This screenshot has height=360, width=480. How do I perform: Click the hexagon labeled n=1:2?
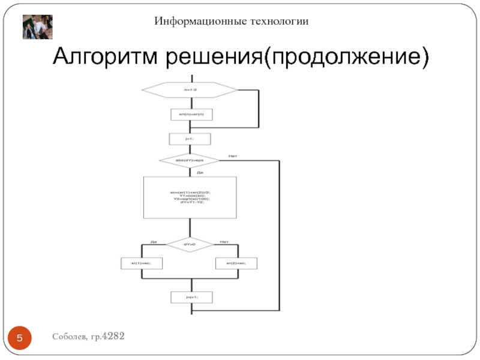coord(190,90)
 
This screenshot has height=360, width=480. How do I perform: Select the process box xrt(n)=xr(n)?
coord(191,113)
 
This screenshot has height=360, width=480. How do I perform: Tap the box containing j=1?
coord(191,139)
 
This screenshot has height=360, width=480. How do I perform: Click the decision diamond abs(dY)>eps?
coord(190,161)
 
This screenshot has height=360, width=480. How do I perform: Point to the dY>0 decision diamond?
coord(190,244)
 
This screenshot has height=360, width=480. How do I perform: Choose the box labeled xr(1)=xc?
coord(142,263)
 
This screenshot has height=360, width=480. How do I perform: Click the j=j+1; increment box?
coord(191,297)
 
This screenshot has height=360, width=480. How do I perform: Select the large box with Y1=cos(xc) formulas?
coord(190,197)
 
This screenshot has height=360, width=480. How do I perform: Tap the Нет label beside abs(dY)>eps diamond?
coord(233,157)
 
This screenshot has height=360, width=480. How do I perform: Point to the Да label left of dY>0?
coord(154,242)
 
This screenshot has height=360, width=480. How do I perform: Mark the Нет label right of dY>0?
coord(224,242)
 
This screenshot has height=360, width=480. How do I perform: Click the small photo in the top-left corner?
coord(38,27)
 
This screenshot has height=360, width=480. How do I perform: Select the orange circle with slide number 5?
coord(20,340)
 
